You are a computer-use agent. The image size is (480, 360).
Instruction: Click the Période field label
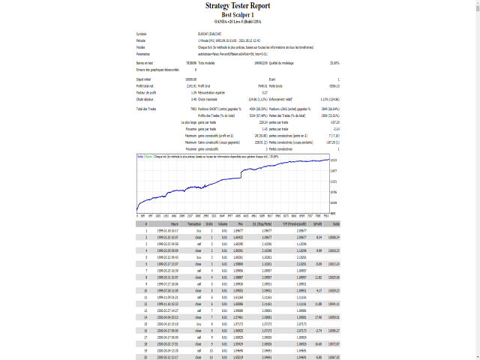(142, 40)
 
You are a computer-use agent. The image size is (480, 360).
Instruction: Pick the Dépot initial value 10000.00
(190, 79)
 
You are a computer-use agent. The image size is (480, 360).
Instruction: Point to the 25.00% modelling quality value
(334, 63)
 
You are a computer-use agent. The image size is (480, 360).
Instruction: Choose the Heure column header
(174, 223)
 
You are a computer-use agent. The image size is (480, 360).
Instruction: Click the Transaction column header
(193, 223)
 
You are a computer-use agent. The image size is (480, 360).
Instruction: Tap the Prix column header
(240, 223)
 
